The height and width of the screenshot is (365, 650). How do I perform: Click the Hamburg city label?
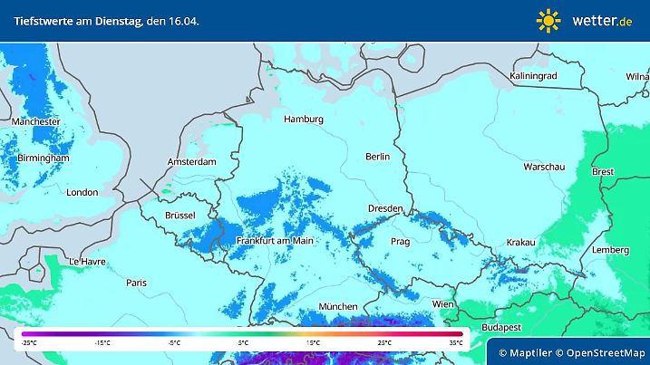pyautogui.click(x=303, y=120)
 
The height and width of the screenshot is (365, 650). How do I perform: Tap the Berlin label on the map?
pyautogui.click(x=377, y=157)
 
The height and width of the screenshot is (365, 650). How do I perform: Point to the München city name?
pyautogui.click(x=337, y=307)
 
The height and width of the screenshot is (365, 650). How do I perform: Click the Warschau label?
pyautogui.click(x=544, y=168)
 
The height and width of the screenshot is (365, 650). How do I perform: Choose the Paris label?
pyautogui.click(x=136, y=283)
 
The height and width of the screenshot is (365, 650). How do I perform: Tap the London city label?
pyautogui.click(x=82, y=192)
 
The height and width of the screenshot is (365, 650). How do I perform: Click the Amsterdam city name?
pyautogui.click(x=192, y=162)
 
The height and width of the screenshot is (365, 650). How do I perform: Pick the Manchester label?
pyautogui.click(x=36, y=121)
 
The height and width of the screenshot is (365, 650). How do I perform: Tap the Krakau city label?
pyautogui.click(x=520, y=242)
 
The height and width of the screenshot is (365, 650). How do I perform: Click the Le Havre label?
pyautogui.click(x=88, y=262)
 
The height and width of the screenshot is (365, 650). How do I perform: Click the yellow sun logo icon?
pyautogui.click(x=548, y=20)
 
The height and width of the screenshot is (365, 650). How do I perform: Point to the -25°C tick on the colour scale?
pyautogui.click(x=30, y=343)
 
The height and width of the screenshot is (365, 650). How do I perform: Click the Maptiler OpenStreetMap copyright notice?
pyautogui.click(x=567, y=351)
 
